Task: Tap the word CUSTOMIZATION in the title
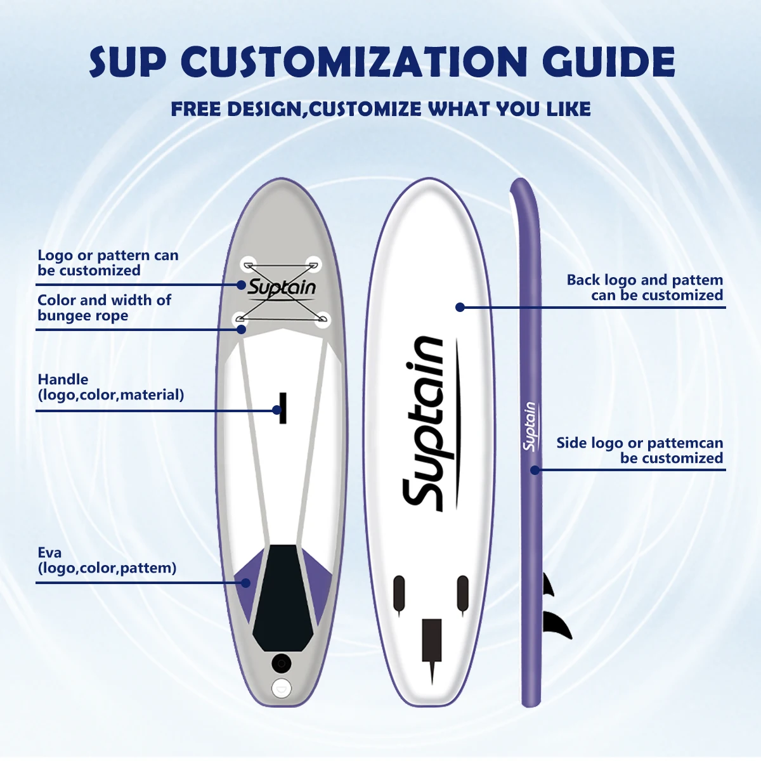pyautogui.click(x=354, y=62)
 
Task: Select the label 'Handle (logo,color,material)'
pyautogui.click(x=110, y=387)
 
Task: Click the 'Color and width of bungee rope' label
pyautogui.click(x=104, y=308)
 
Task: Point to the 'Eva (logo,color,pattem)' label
pyautogui.click(x=107, y=560)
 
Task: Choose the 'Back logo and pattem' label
pyautogui.click(x=644, y=287)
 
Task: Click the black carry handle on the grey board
pyautogui.click(x=283, y=408)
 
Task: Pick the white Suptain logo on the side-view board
pyautogui.click(x=530, y=426)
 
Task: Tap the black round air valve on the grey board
pyautogui.click(x=281, y=663)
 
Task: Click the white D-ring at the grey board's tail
pyautogui.click(x=281, y=687)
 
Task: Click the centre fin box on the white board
pyautogui.click(x=432, y=641)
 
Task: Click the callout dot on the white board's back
pyautogui.click(x=460, y=307)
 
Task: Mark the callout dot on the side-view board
pyautogui.click(x=535, y=470)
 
